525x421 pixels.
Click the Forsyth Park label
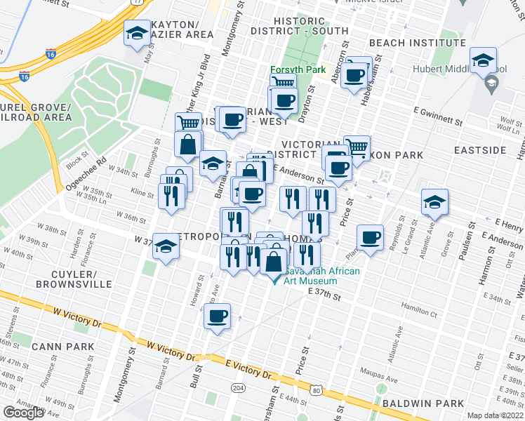(x=298, y=70)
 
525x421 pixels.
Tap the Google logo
(x=23, y=412)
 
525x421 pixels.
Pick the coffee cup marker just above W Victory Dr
(x=218, y=316)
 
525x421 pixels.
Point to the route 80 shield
(x=317, y=390)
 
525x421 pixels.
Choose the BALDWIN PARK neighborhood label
(x=423, y=403)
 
